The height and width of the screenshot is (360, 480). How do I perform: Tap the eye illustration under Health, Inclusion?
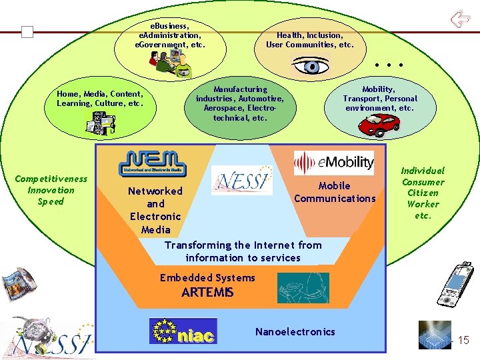[311, 66]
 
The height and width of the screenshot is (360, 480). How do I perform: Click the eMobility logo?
[335, 163]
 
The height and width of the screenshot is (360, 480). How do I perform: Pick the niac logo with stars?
[183, 331]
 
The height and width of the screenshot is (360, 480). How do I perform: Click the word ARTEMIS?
[208, 292]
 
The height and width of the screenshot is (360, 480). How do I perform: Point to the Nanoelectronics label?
[295, 331]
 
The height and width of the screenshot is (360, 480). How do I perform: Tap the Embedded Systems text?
[207, 277]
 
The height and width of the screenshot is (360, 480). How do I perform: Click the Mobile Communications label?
[335, 192]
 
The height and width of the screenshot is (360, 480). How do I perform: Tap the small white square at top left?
[27, 32]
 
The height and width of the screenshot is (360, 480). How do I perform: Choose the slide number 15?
[462, 341]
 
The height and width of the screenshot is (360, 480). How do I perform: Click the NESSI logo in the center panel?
[242, 179]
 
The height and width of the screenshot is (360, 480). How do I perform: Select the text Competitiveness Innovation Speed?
[51, 190]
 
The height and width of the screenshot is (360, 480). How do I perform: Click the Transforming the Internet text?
[243, 251]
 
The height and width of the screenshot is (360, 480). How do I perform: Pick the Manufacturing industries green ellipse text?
[240, 103]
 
